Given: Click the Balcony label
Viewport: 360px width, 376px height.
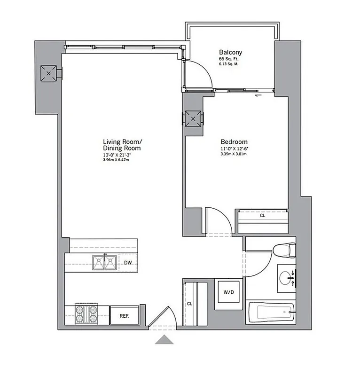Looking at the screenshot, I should [230, 52].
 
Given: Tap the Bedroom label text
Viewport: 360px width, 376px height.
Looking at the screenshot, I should [234, 142].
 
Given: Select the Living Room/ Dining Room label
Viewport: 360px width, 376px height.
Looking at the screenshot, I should [122, 144].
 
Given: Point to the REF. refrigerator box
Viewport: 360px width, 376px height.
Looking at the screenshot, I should [124, 315].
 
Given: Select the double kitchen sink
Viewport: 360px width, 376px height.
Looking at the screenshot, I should [104, 263].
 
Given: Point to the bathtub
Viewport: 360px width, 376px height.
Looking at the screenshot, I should [271, 312].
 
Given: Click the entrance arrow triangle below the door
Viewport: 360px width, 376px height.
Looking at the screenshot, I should [164, 340].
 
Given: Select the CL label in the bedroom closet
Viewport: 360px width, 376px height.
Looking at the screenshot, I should [262, 217].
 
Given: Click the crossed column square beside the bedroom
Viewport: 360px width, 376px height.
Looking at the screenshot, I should [193, 118].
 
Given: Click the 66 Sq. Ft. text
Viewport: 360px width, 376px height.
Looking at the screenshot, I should [230, 59].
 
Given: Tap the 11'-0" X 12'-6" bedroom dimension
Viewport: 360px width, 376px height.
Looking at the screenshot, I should [234, 149].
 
